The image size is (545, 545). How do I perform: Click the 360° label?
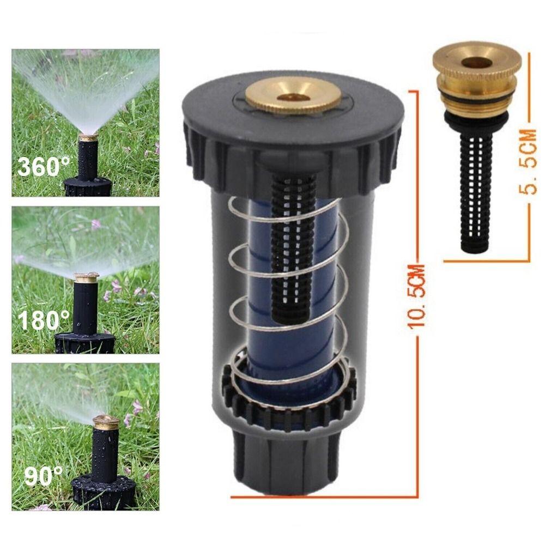[x=45, y=166]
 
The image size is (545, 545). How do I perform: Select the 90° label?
[x=44, y=477]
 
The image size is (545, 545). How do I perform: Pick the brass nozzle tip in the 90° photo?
[x=106, y=422]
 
